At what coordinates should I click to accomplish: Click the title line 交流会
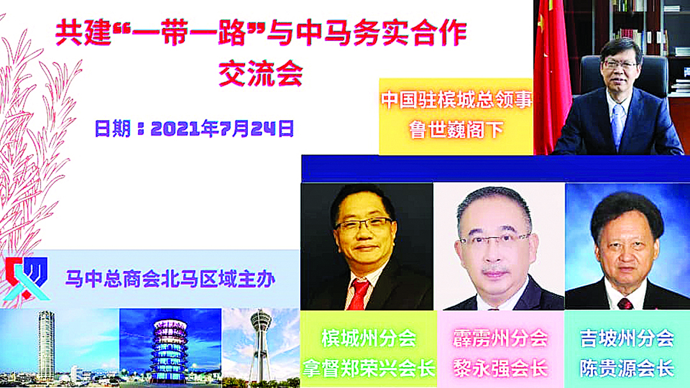(x=261, y=74)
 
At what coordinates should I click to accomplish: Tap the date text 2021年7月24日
(x=222, y=128)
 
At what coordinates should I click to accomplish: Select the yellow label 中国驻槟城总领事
(x=457, y=100)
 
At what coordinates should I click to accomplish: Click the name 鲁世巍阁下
(x=456, y=130)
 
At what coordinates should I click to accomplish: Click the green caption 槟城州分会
(x=369, y=338)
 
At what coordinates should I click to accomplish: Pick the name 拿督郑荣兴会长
(x=369, y=368)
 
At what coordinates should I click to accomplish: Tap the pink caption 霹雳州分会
(x=500, y=338)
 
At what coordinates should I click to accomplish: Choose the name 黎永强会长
(x=500, y=368)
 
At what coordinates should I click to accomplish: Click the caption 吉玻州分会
(x=627, y=338)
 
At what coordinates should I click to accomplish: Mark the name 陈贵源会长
(x=627, y=368)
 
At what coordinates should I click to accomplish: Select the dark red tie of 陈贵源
(x=625, y=304)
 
